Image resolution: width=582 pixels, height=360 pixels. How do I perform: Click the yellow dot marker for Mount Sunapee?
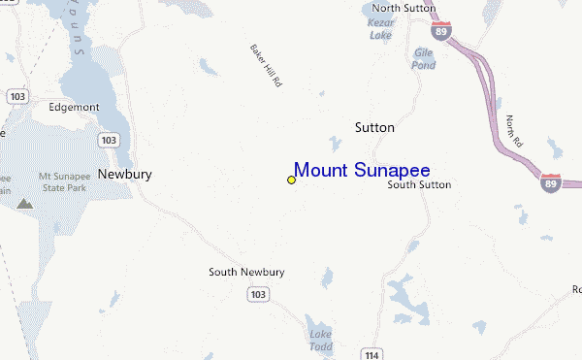point(291,180)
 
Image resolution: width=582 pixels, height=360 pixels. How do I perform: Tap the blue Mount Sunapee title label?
point(362,170)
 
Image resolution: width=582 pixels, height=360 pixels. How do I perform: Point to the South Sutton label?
point(419,184)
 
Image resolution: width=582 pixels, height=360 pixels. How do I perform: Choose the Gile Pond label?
point(425,59)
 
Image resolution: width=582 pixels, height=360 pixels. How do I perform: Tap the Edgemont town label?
point(75,108)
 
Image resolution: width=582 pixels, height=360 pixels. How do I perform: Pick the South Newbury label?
point(246,273)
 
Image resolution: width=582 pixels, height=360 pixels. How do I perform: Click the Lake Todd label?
point(321,342)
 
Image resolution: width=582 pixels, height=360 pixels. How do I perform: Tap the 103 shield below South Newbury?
point(257,293)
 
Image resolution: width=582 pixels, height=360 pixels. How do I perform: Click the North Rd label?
point(514,133)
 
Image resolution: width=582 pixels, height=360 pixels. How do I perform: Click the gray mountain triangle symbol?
point(24,205)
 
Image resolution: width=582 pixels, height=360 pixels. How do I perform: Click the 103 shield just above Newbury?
point(109,140)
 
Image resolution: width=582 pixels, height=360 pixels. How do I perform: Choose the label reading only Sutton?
point(374,127)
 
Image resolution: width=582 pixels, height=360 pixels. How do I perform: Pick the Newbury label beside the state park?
point(124,175)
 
